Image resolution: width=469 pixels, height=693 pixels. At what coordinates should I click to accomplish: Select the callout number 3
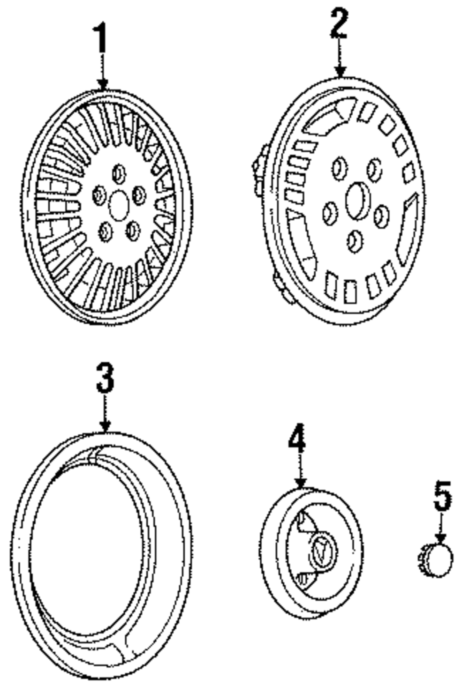point(105,378)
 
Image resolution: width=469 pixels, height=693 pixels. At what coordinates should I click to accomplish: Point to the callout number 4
point(297,439)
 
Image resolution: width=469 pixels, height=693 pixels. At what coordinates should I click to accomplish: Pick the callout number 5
point(441,495)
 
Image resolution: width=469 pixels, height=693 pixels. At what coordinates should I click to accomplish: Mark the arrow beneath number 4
point(300,471)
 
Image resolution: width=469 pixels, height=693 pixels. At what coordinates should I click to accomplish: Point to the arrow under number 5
point(440,527)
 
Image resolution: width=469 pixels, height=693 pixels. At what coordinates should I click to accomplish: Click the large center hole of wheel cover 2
point(358,200)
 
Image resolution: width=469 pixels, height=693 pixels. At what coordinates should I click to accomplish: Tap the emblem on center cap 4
point(323,551)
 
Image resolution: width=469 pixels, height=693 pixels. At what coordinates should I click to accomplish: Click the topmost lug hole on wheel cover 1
point(119,174)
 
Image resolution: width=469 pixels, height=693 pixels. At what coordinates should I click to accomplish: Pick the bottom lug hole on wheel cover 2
point(355,241)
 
